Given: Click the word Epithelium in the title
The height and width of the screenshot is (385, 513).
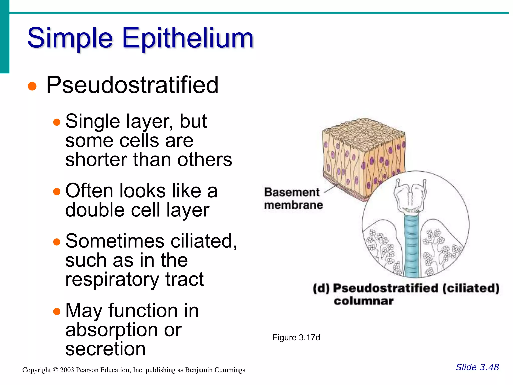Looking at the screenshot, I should click(x=188, y=38).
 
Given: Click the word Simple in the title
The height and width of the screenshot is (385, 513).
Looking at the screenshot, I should click(x=70, y=38).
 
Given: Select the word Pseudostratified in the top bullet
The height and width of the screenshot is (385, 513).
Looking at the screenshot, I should click(x=132, y=85).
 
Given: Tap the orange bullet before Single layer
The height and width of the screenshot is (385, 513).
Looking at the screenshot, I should click(x=57, y=122).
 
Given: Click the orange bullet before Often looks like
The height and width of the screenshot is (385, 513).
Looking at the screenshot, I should click(x=57, y=192).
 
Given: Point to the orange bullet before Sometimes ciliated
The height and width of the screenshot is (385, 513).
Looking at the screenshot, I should click(x=57, y=242).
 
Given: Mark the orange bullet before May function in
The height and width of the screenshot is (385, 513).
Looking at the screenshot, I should click(x=57, y=311).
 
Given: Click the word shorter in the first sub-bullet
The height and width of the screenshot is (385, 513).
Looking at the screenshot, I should click(x=96, y=160).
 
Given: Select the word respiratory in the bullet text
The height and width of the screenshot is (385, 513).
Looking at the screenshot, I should click(x=112, y=279).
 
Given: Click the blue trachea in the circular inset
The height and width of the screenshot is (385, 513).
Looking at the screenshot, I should click(x=411, y=246).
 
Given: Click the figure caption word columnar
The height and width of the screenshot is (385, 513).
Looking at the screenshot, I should click(x=363, y=301).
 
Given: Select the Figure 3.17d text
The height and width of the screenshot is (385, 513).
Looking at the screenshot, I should click(x=296, y=338).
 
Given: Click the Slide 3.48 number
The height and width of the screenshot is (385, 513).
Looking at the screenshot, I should click(x=477, y=367).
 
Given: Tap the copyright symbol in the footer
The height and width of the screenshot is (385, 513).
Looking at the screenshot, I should click(x=55, y=370).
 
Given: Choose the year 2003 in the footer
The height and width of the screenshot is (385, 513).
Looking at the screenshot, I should click(x=67, y=370).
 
